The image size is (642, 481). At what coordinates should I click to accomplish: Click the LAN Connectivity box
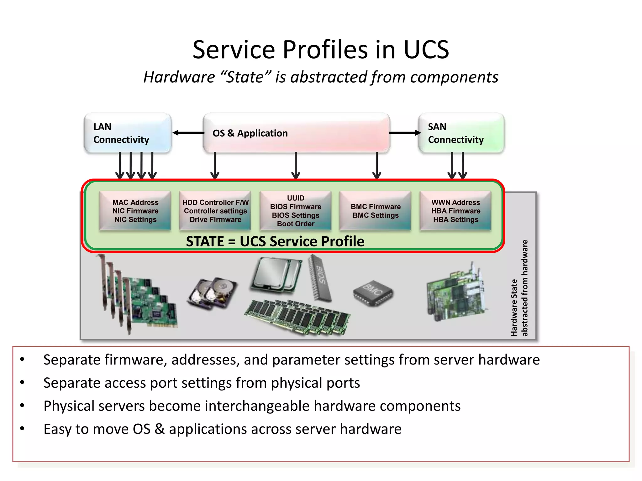pos(128,133)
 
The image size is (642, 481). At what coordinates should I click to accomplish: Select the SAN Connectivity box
pos(461,133)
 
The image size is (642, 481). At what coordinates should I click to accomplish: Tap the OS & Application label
pos(250,133)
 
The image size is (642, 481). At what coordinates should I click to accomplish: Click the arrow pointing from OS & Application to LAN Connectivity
pos(188,133)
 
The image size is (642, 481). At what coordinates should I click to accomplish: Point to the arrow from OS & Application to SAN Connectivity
pos(404,133)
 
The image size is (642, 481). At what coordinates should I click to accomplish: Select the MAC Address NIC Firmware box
pos(135,211)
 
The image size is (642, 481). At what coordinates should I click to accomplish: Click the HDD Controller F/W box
pos(215,211)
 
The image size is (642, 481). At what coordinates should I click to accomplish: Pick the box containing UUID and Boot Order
pos(295,211)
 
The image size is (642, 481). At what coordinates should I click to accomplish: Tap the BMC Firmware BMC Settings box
pos(375,211)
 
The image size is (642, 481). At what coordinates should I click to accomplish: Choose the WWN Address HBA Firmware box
pos(455,211)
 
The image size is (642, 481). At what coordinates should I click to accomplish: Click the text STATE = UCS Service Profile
pos(275,241)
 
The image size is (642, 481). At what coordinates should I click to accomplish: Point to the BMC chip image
pos(373,293)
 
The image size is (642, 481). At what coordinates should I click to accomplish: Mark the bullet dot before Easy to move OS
pos(22,428)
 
